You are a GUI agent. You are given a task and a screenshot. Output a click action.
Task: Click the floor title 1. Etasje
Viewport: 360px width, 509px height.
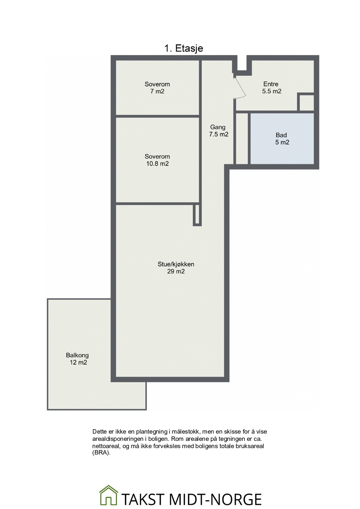(184, 48)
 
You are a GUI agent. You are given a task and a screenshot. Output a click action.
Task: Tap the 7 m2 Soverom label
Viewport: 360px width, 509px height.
(157, 88)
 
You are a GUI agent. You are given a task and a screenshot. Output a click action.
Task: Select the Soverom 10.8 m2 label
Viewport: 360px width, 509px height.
(157, 160)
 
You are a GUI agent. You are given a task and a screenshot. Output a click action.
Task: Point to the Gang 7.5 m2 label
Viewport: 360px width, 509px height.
(218, 131)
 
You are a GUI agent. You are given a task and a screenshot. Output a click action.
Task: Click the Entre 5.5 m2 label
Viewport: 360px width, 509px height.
(271, 88)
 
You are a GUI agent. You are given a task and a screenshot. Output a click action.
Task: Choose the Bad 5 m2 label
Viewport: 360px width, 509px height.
(282, 138)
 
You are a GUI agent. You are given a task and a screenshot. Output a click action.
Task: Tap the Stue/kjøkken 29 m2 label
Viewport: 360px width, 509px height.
(176, 268)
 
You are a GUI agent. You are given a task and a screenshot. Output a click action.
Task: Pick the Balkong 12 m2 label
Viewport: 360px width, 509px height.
(78, 359)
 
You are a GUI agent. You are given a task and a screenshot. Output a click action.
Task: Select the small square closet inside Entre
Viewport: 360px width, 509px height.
(306, 103)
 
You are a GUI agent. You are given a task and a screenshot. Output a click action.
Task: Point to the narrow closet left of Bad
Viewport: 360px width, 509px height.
(242, 138)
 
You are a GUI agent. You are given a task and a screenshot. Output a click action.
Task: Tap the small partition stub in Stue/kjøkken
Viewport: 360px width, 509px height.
(197, 215)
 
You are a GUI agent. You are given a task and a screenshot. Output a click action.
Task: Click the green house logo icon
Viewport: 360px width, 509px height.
(109, 496)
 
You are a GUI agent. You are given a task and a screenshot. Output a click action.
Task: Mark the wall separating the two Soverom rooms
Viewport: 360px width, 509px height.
(157, 116)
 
